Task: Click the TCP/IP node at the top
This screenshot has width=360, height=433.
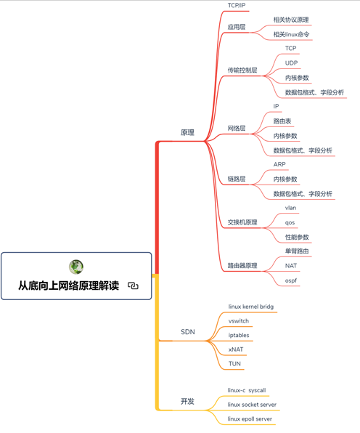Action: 237,5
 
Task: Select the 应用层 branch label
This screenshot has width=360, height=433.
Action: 237,27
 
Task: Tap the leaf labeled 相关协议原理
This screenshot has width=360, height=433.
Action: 291,20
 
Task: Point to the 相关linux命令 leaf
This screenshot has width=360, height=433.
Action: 291,34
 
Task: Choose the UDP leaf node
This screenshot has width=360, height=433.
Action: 291,63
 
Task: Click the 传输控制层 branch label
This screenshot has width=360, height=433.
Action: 242,70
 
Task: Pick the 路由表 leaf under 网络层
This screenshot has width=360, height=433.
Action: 282,121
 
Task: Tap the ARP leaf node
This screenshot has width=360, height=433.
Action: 279,164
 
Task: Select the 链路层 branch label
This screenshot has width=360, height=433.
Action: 237,179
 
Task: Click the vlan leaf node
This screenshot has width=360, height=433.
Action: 290,208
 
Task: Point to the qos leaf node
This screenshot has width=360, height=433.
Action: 290,222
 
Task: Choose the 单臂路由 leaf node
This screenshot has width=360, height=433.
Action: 297,251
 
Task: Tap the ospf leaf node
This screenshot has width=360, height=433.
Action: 291,280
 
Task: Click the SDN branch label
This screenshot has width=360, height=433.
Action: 187,332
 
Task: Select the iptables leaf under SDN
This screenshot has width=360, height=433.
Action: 239,335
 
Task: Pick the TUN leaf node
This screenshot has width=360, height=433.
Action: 234,364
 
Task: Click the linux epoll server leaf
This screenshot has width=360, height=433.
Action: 250,419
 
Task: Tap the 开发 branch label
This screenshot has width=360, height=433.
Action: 187,401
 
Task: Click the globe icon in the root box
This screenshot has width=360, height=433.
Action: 76,267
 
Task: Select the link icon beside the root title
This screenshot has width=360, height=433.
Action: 133,286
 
